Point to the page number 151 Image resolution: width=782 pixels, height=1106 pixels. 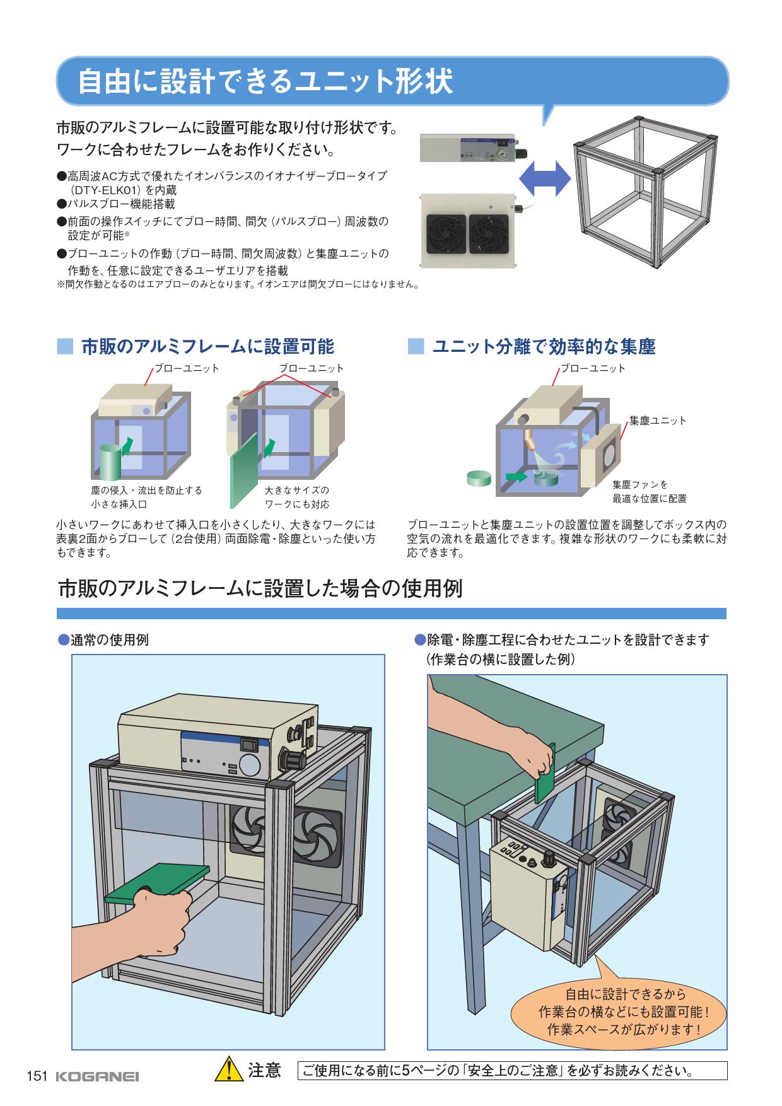pos(37,1077)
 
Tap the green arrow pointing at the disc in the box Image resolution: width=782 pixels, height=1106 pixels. pos(517,477)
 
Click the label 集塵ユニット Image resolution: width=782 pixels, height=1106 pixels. pos(658,421)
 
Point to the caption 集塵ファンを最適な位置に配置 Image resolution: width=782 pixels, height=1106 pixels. pos(649,491)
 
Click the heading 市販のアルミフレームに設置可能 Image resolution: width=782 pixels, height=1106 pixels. pos(207,346)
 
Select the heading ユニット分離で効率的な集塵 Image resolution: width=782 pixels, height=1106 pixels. pos(544,346)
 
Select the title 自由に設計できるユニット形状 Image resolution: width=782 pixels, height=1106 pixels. pos(265,83)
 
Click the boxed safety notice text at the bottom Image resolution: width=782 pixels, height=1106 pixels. pos(511,1071)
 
